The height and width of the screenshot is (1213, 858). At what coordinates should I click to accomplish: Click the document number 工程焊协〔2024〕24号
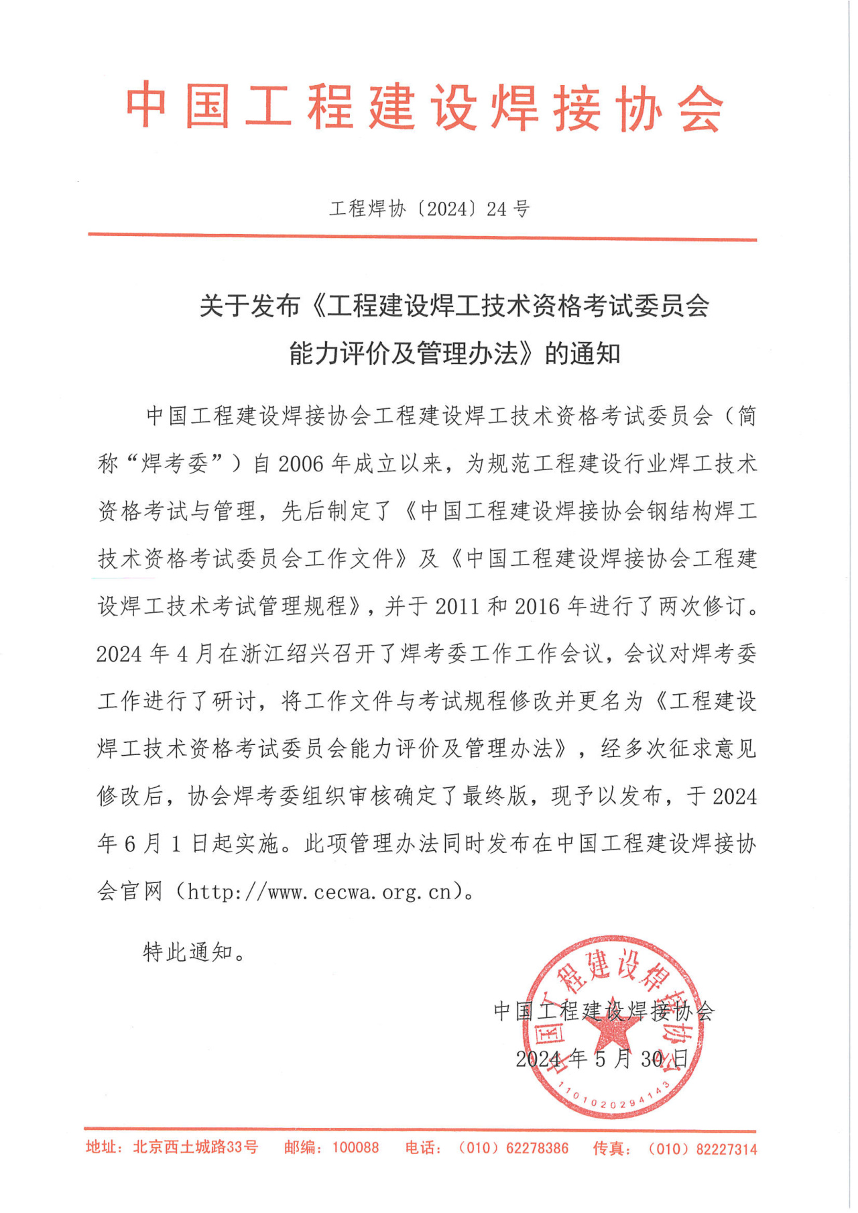coord(429,209)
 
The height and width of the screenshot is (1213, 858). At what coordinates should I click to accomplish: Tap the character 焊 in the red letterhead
coord(514,107)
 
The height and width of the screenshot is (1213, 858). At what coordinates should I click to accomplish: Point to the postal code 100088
coord(355,1148)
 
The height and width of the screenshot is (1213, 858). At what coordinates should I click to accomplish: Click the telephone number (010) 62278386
coord(513,1148)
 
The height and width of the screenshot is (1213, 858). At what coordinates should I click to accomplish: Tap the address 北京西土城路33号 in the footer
coord(195,1147)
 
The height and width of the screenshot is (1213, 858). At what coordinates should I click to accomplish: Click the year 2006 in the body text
coord(300,464)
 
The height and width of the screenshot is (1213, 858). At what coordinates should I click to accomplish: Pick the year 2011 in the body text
coord(457,607)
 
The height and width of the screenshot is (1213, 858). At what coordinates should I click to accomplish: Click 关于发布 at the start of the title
coord(249,306)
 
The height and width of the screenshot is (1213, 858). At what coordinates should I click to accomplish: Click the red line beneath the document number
coord(422,236)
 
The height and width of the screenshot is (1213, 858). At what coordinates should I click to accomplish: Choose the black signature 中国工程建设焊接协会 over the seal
coord(603,1010)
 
